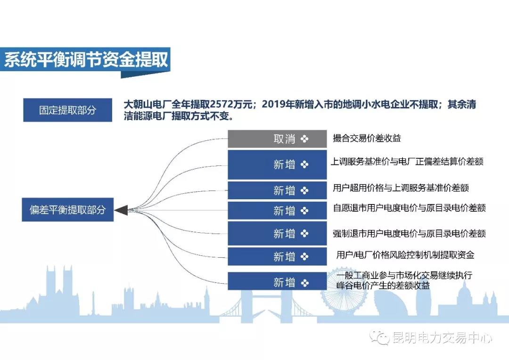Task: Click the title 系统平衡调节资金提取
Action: [x=86, y=59]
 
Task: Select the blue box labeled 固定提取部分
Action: [x=67, y=110]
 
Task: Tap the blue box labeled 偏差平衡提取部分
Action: [x=67, y=210]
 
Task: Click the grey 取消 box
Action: [x=277, y=139]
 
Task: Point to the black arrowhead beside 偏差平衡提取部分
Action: [x=122, y=210]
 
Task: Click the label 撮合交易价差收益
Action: [x=367, y=138]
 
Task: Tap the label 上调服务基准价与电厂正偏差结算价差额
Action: [x=407, y=161]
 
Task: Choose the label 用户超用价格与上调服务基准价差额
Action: [x=401, y=188]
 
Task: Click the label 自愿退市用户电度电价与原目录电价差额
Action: [x=410, y=208]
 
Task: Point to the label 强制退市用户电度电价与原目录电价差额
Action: [x=410, y=233]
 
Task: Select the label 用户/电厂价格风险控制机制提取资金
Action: [x=405, y=255]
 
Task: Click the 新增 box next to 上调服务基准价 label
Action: [x=277, y=164]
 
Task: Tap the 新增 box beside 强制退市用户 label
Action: [x=277, y=233]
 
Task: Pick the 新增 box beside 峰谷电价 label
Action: [x=277, y=281]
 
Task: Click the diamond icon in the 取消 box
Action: [x=304, y=139]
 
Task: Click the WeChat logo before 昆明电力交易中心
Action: [x=379, y=337]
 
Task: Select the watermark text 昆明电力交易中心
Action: [x=442, y=338]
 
